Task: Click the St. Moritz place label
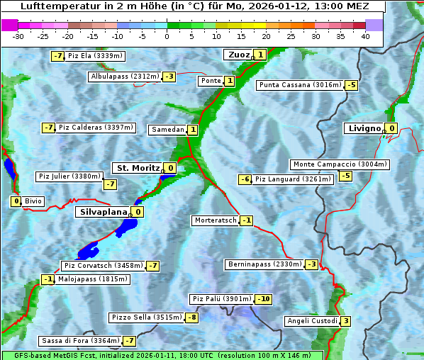(x=138, y=168)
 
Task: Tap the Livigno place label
(x=364, y=128)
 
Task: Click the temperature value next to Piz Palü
(x=263, y=299)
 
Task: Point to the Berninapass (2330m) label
(x=264, y=264)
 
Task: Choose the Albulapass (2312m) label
(x=125, y=77)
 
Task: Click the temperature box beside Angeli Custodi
(x=345, y=321)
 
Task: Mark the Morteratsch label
(x=215, y=220)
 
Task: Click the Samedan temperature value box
(x=192, y=130)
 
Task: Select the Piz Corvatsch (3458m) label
(x=103, y=266)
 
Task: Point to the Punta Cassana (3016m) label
(x=300, y=85)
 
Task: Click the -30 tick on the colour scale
(x=18, y=36)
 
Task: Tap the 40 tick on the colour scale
(x=365, y=36)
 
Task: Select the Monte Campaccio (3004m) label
(x=340, y=164)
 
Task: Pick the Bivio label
(x=33, y=201)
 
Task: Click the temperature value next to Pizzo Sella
(x=191, y=317)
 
